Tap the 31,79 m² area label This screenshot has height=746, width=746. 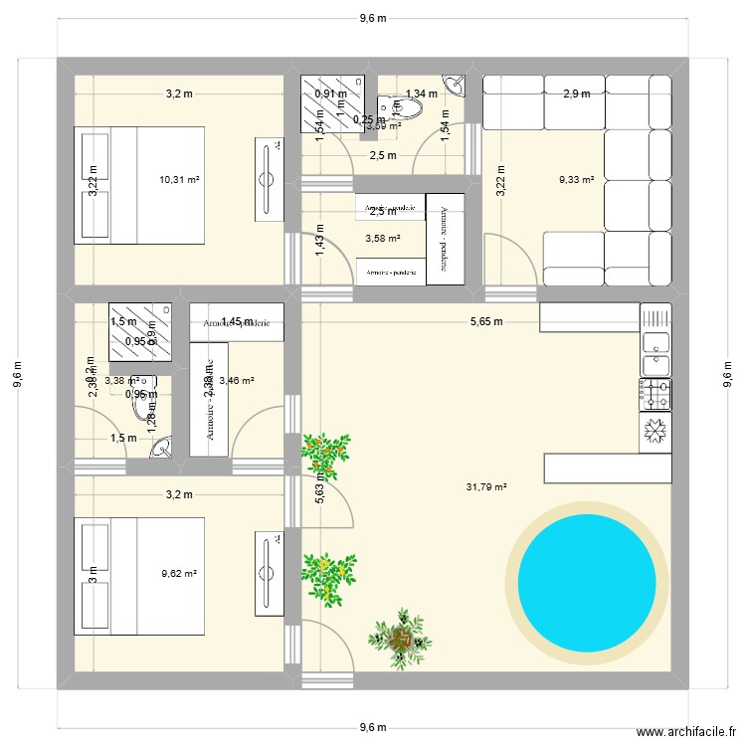486,487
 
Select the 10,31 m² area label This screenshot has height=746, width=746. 179,180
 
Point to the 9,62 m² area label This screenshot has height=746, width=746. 179,574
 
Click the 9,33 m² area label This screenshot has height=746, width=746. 576,180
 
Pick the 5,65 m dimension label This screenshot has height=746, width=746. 485,321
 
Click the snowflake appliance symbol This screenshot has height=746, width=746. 654,431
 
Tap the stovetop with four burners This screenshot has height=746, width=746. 654,394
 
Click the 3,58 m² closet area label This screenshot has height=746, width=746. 382,239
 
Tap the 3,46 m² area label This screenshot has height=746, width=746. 238,380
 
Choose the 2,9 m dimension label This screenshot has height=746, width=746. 577,94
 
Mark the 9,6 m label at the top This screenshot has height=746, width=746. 372,17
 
